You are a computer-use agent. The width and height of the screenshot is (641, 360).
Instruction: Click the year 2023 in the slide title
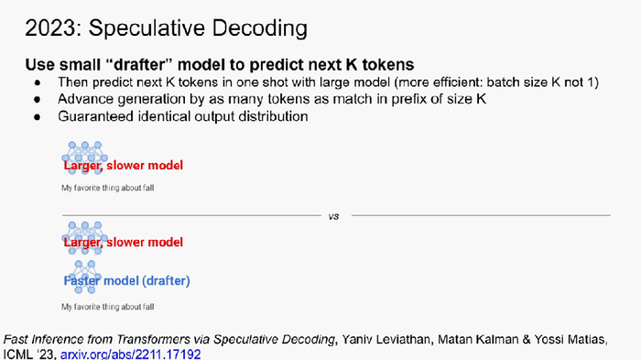tap(50, 28)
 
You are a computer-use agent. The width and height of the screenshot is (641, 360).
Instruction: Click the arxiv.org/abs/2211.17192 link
tap(130, 354)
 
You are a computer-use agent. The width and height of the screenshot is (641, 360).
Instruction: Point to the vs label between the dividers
tap(333, 216)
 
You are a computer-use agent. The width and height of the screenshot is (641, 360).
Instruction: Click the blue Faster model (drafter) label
tap(126, 281)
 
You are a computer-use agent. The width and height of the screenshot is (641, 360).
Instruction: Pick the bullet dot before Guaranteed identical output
tap(38, 117)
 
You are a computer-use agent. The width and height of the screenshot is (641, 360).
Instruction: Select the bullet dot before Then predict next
tap(38, 83)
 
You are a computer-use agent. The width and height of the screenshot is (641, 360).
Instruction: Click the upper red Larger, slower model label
tap(123, 165)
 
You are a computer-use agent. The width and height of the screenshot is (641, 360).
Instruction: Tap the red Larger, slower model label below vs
tap(123, 242)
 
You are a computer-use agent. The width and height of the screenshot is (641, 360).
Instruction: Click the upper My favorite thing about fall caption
tap(107, 188)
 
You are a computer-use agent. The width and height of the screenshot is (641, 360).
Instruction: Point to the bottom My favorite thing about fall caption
tap(107, 307)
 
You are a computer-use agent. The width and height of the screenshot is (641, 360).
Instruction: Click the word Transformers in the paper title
tap(153, 340)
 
